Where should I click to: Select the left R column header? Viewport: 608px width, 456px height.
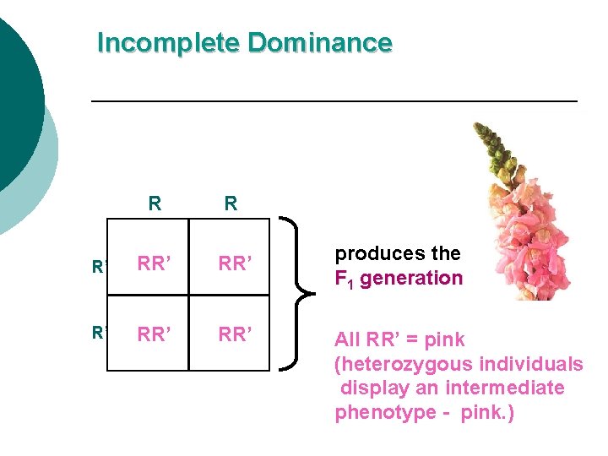pos(154,204)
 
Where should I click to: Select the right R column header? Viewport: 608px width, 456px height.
pos(231,204)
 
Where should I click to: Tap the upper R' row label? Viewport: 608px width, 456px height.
pos(99,268)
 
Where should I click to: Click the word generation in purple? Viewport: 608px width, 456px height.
pos(411,278)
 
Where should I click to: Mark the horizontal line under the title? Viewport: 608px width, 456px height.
pos(334,101)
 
